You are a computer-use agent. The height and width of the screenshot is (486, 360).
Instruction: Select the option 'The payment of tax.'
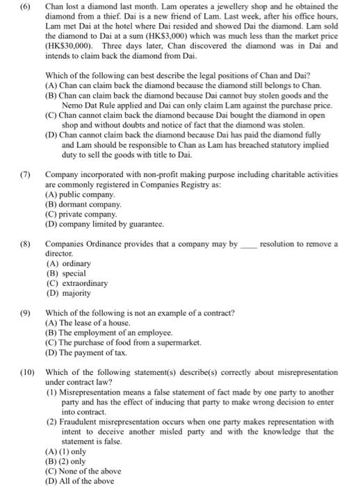[86, 352]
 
